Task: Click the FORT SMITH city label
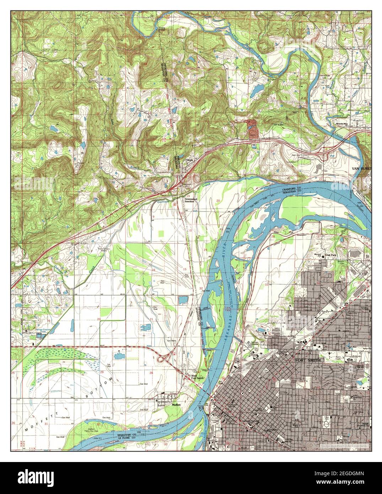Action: [308, 360]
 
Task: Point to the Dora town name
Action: [189, 160]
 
